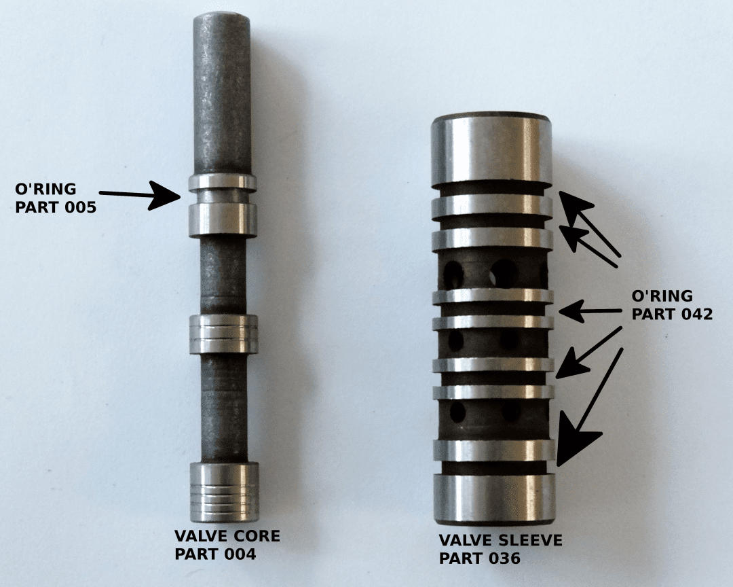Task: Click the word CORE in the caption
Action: pyautogui.click(x=256, y=536)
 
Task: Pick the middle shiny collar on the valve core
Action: pyautogui.click(x=223, y=334)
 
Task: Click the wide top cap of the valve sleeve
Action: pyautogui.click(x=493, y=151)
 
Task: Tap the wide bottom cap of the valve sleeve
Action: pyautogui.click(x=494, y=499)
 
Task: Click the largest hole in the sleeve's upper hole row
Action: pyautogui.click(x=503, y=272)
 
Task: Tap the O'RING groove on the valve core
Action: pyautogui.click(x=223, y=196)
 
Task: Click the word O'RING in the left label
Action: pyautogui.click(x=45, y=189)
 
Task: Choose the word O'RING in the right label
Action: pyautogui.click(x=662, y=296)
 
